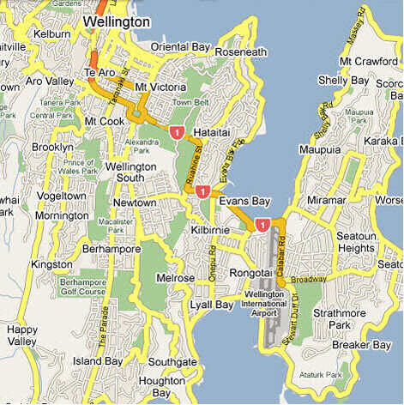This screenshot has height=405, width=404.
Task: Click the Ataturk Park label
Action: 323,376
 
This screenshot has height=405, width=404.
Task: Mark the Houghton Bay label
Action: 160,385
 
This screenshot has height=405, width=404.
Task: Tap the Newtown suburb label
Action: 136,202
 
